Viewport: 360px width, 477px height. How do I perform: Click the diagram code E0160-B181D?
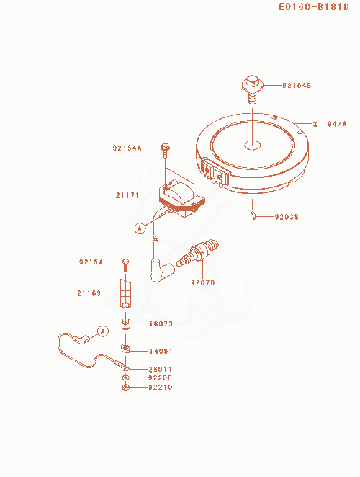point(314,6)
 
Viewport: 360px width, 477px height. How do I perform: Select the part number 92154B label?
point(297,86)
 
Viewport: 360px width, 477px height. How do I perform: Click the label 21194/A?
point(330,124)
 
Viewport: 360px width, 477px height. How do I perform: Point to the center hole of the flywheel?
point(253,146)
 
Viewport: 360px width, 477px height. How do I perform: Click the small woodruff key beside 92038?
point(253,215)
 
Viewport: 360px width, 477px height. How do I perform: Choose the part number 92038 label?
point(287,217)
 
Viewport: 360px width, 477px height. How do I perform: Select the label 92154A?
point(127,148)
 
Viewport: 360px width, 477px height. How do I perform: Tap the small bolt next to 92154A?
point(165,150)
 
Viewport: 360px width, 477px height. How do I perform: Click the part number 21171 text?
point(127,195)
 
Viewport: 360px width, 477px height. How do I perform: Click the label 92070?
point(203,283)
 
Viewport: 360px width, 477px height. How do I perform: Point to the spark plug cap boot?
point(162,270)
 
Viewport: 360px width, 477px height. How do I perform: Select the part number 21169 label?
point(89,293)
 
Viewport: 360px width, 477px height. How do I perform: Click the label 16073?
point(161,324)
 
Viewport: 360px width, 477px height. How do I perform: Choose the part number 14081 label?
point(161,352)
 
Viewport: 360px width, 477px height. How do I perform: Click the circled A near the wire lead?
point(103,331)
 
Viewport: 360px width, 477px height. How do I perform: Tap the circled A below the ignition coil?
point(140,228)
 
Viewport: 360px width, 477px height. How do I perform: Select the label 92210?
point(161,388)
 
